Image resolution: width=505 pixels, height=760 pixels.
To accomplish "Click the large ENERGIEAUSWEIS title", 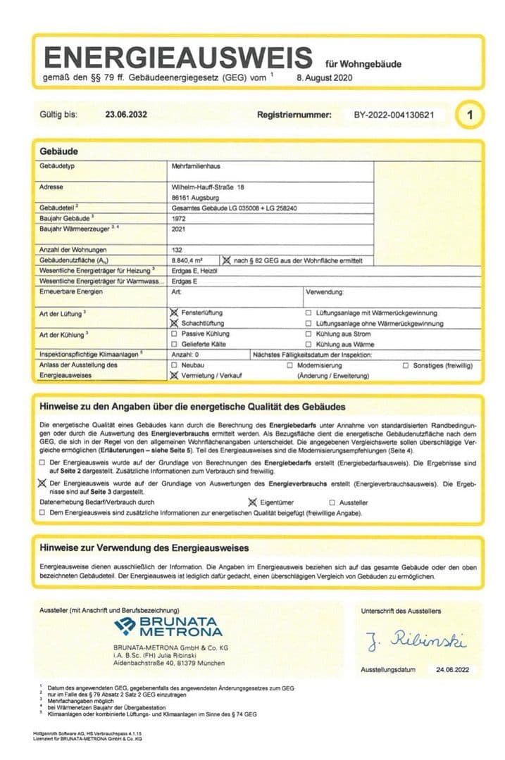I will pyautogui.click(x=179, y=56).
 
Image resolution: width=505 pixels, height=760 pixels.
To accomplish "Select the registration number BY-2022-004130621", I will pyautogui.click(x=394, y=115).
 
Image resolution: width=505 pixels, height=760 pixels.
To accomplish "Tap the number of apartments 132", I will pyautogui.click(x=177, y=250).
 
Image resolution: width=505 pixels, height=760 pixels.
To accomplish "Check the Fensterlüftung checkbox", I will pyautogui.click(x=175, y=312).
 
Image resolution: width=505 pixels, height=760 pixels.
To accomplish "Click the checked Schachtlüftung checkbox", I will pyautogui.click(x=175, y=322).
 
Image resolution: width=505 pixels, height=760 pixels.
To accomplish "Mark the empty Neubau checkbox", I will pyautogui.click(x=175, y=366).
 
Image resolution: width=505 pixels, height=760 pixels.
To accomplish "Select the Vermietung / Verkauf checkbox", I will pyautogui.click(x=175, y=376).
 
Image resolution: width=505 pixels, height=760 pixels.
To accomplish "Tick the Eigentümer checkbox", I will pyautogui.click(x=254, y=502).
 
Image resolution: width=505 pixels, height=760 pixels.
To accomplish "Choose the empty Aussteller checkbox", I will pyautogui.click(x=332, y=503).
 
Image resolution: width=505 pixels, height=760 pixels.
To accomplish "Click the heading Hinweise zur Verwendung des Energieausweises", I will pyautogui.click(x=144, y=548).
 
